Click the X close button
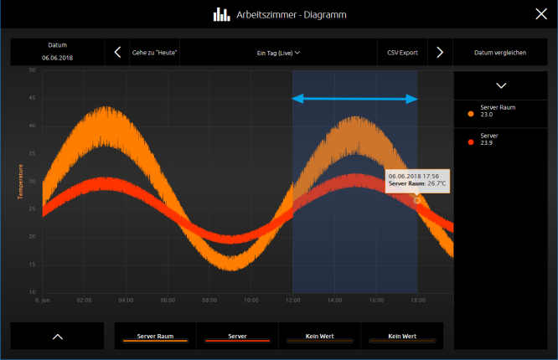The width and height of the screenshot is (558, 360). pos(541,14)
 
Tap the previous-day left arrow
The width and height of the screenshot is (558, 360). pos(117,52)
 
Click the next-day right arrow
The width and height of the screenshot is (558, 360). pos(440,52)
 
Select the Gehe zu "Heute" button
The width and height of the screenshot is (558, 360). pos(154,53)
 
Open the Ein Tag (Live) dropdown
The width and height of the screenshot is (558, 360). pos(278,53)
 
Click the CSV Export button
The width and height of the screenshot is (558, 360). pos(402,53)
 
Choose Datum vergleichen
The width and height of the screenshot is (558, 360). pos(500,53)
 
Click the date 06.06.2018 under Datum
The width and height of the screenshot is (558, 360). pos(57,58)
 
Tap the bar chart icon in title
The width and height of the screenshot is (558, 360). pos(221,14)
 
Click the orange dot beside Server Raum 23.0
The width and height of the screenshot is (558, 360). pos(471,114)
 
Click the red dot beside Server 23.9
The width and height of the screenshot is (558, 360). pos(471,142)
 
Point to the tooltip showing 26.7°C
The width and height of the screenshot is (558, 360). pos(417,180)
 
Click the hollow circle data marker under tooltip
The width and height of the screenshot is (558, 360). pos(416,201)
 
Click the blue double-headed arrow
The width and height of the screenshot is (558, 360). pos(354,99)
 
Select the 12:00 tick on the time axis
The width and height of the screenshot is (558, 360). pos(293,301)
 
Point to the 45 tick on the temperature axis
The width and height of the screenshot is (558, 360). pos(32,98)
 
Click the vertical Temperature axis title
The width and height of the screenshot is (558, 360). pos(20,182)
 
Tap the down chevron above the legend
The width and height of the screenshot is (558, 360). pos(501,85)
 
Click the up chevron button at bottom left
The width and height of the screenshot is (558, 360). pos(58,337)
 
